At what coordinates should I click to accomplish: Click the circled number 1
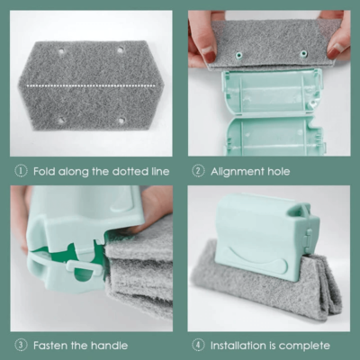point(21,171)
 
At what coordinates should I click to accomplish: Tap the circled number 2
point(198,171)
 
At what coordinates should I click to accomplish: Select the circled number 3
point(21,345)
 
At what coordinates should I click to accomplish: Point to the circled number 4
point(198,345)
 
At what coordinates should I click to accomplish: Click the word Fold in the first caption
point(44,171)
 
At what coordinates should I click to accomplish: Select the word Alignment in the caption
point(237,172)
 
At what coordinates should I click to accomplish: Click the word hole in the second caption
point(278,171)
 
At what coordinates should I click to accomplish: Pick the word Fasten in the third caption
point(50,346)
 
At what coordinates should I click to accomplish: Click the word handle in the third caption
point(110,346)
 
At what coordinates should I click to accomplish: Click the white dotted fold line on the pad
point(91,85)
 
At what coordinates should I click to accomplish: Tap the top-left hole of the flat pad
point(61,51)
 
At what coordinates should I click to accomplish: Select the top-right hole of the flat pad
point(121,49)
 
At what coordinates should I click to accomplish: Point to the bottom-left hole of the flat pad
point(61,121)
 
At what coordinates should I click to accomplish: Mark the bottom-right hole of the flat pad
point(121,121)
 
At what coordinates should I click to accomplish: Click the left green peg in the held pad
point(239,55)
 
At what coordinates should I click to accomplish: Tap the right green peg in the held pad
point(303,54)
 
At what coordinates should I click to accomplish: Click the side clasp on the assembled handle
point(308,237)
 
